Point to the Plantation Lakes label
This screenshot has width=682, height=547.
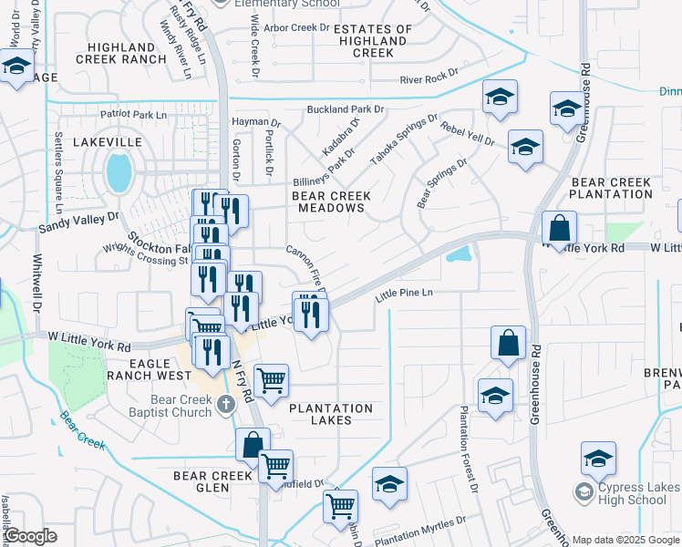[331, 414]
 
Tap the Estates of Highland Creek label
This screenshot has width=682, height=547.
[370, 41]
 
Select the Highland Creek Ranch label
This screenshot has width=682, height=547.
[127, 53]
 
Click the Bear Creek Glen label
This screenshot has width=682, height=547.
[212, 481]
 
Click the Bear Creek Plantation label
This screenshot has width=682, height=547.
[611, 188]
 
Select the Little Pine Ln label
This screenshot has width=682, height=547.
[404, 294]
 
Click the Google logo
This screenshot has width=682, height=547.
[30, 537]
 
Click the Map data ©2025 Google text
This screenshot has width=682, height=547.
[624, 540]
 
